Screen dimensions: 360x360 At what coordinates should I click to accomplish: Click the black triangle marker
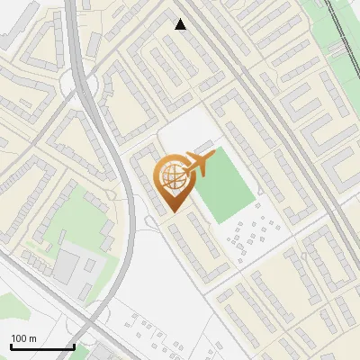click(181, 24)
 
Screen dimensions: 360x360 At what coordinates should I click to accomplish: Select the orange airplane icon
click(199, 165)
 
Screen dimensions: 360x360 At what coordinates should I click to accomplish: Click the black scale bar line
click(42, 347)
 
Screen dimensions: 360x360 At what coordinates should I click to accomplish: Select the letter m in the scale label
click(33, 339)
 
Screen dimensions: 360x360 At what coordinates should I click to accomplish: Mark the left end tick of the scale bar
click(11, 346)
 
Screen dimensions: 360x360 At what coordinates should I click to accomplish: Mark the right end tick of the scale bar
click(74, 346)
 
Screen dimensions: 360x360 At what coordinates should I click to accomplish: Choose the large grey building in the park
click(68, 264)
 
